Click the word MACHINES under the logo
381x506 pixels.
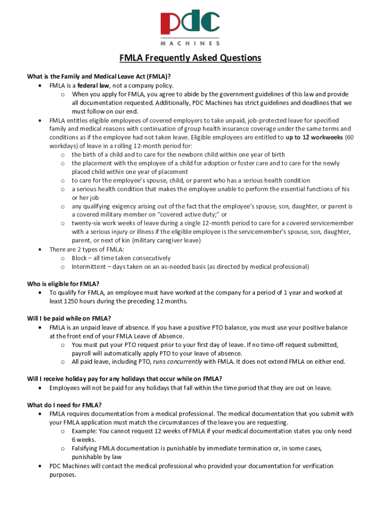coord(190,43)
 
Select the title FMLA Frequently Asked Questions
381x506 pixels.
coord(190,58)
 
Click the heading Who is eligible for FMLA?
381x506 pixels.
coord(63,284)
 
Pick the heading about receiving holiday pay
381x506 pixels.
coord(124,379)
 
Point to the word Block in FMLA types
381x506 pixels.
coord(80,258)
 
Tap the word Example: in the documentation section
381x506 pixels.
coord(85,431)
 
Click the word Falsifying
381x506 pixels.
coord(87,449)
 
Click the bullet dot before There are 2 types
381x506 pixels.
coord(39,250)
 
